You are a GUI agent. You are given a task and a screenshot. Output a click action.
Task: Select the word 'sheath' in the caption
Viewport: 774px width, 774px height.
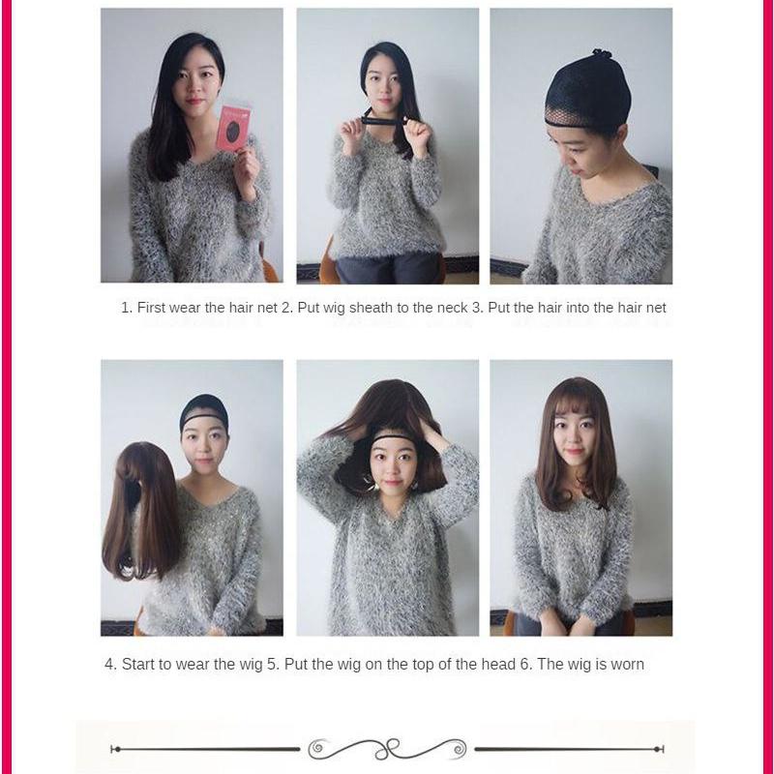[x=366, y=308]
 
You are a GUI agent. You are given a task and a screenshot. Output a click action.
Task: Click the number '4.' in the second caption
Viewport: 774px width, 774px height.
[x=110, y=665]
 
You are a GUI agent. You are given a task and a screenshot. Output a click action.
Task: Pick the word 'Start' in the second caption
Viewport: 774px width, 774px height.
[x=140, y=665]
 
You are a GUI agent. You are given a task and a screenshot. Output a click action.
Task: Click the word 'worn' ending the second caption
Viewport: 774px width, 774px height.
[x=626, y=665]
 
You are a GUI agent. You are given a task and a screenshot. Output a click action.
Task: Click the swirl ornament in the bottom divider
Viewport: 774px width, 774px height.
[x=387, y=749]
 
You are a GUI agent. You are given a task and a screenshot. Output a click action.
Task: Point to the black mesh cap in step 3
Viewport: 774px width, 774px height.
[x=587, y=92]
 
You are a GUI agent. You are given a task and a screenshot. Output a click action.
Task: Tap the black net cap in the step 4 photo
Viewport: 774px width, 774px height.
[x=204, y=410]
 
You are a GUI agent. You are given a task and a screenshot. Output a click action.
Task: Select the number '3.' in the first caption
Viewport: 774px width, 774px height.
[x=477, y=308]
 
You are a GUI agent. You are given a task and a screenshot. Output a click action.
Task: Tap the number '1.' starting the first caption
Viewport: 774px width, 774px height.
[x=127, y=308]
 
